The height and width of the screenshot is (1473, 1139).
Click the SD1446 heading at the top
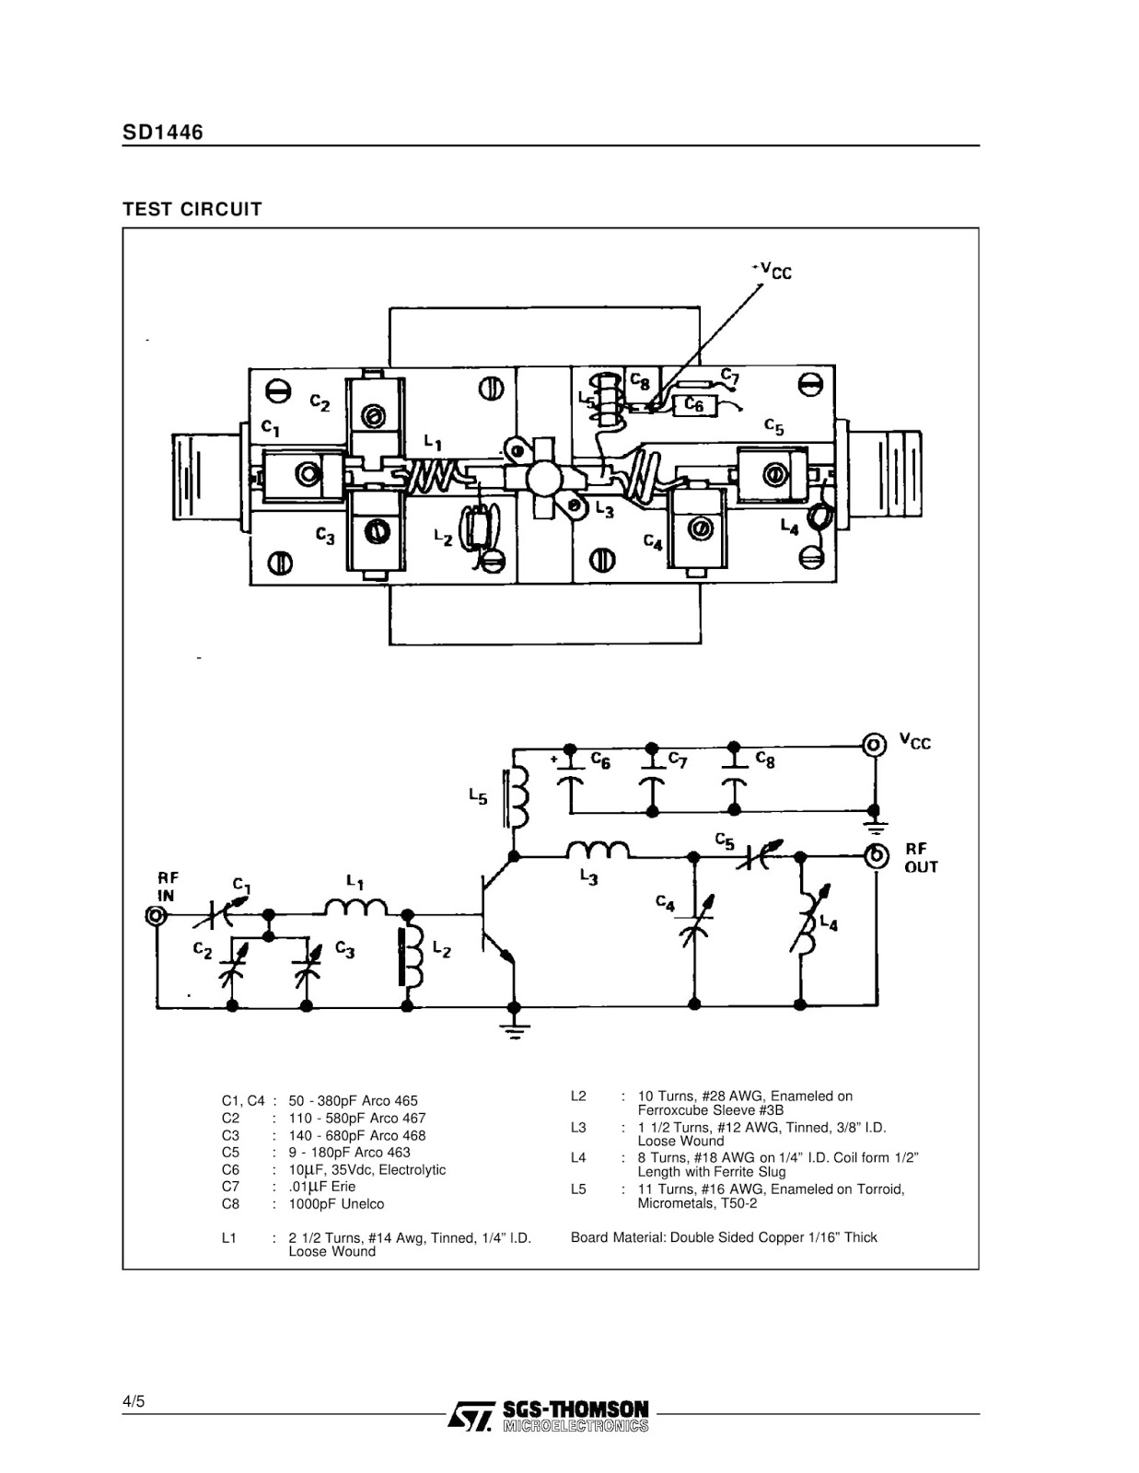[x=163, y=132]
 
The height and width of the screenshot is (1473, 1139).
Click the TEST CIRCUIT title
[x=192, y=209]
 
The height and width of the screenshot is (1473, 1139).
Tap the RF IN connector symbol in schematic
[x=156, y=916]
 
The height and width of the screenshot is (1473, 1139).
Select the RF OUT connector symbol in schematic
[x=876, y=856]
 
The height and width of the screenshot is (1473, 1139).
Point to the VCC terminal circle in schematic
[x=874, y=745]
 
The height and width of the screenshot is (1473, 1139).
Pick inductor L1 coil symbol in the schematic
[x=356, y=906]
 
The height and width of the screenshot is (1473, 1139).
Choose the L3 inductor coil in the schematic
[x=598, y=850]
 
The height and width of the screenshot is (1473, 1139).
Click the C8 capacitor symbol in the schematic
[x=734, y=771]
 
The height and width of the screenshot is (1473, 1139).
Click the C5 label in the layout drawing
[x=773, y=426]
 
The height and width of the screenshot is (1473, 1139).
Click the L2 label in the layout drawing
[x=443, y=538]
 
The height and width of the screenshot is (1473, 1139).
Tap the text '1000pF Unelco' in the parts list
[x=336, y=1204]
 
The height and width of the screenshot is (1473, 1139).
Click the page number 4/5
[x=134, y=1401]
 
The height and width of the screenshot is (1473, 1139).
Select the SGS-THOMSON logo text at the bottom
[x=575, y=1409]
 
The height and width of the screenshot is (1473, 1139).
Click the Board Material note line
[x=724, y=1237]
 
